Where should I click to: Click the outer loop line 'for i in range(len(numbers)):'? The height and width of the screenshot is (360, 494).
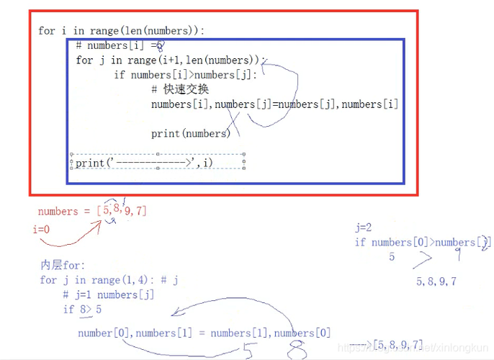121,31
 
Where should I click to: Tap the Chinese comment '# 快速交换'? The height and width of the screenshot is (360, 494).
180,89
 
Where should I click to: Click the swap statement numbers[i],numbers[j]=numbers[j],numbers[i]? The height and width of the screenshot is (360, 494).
274,104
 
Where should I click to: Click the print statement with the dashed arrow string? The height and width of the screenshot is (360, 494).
144,163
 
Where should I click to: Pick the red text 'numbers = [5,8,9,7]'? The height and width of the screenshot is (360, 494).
92,211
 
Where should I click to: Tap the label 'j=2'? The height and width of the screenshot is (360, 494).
363,228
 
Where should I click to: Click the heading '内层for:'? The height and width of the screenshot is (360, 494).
63,266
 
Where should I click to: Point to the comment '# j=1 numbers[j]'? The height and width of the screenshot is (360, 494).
108,294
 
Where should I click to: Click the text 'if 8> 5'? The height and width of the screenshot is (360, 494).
83,310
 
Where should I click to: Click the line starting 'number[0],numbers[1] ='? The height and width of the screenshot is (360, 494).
205,333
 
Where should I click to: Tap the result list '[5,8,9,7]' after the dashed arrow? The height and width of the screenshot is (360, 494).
398,346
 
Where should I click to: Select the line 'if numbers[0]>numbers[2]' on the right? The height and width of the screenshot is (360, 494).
422,243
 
